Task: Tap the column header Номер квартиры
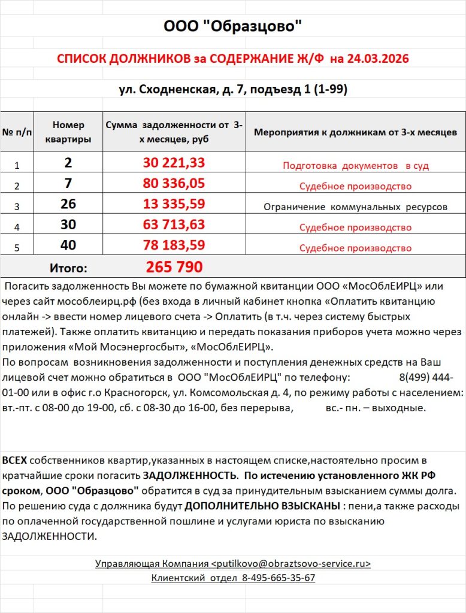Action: click(68, 132)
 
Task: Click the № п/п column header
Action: click(17, 132)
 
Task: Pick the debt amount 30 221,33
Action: click(174, 163)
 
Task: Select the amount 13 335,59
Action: click(174, 204)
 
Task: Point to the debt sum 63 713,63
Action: click(174, 225)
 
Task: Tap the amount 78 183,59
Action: click(174, 245)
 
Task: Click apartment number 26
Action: click(68, 204)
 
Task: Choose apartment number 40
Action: click(68, 245)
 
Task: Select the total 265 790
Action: click(174, 266)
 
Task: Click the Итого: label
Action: click(68, 268)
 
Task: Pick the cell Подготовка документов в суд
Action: click(355, 166)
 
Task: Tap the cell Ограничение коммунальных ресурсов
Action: click(355, 207)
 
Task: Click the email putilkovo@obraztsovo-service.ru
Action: click(291, 564)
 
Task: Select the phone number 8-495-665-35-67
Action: click(279, 578)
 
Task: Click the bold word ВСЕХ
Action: click(14, 460)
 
